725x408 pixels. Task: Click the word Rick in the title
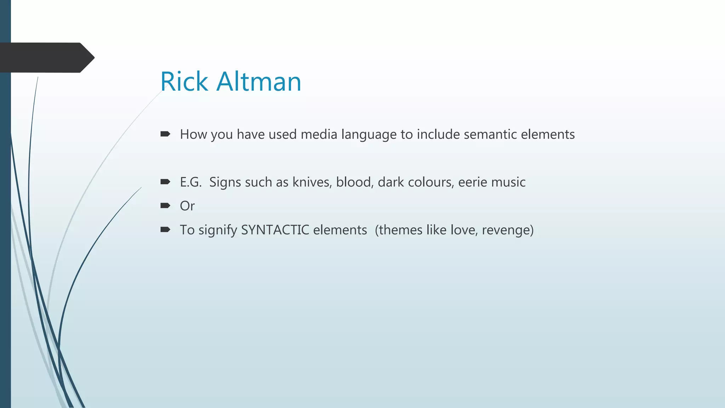184,81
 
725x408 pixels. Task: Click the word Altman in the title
259,81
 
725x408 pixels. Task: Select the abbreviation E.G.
190,182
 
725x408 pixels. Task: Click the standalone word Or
187,206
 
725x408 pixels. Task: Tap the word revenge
507,230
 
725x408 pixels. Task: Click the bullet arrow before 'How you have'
165,134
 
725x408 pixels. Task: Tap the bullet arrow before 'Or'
165,206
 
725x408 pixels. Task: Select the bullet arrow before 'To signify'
165,230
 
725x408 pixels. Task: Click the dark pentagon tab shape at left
46,58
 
